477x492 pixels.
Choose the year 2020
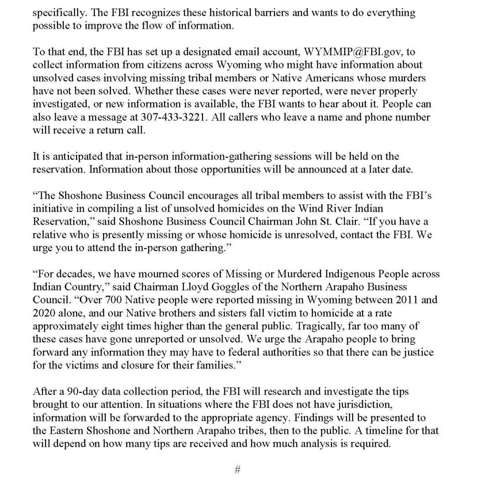click(44, 313)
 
